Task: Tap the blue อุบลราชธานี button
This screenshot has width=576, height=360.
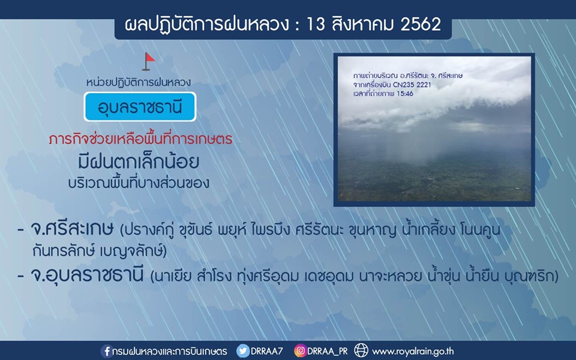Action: pos(140,107)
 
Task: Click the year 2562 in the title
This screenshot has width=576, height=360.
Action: pos(421,25)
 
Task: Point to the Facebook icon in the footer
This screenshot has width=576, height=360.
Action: pos(106,351)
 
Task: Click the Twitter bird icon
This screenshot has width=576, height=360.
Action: pos(243,351)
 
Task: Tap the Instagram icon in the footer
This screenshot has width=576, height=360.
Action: pos(300,351)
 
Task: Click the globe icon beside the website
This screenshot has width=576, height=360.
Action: pos(361,350)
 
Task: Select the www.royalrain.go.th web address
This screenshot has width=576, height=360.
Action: pos(413,352)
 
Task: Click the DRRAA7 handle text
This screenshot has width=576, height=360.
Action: pos(266,351)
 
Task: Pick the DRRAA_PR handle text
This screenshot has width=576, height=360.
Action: pos(328,351)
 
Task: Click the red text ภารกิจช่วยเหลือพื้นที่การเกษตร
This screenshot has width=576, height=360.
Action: pos(140,139)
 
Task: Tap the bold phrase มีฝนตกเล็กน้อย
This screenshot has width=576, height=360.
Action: pos(139,161)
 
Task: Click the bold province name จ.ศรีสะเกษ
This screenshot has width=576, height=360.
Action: pos(72,230)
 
